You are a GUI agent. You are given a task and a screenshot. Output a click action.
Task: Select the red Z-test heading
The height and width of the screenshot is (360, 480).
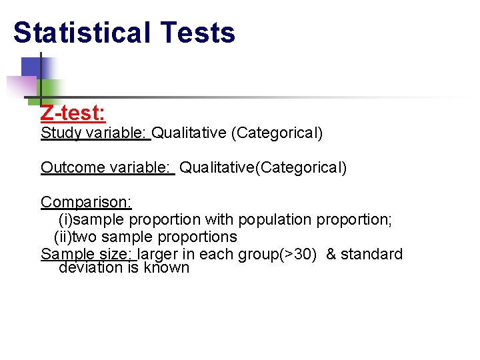[73, 114]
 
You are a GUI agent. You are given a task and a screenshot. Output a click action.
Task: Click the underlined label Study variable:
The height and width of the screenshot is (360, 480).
[95, 133]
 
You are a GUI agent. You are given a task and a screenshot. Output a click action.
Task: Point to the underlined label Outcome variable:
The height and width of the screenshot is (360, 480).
[106, 167]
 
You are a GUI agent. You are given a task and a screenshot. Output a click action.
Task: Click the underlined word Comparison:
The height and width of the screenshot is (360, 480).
[86, 202]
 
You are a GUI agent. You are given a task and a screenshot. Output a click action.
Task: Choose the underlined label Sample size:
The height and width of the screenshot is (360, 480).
[87, 254]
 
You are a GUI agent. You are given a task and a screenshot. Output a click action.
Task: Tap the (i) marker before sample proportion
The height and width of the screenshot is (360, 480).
[66, 219]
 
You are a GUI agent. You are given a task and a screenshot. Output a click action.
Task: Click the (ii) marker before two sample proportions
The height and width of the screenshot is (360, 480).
[62, 237]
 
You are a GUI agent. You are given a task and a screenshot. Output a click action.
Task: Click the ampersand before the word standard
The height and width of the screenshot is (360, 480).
[331, 254]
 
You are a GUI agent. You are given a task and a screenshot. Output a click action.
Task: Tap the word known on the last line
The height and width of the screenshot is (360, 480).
[167, 267]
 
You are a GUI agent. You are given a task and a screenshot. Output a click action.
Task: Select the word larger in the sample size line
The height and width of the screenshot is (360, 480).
[158, 254]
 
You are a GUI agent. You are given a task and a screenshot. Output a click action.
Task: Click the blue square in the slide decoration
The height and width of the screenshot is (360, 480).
[32, 67]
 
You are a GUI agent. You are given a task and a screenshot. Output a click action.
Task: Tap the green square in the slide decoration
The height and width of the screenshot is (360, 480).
[52, 88]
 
